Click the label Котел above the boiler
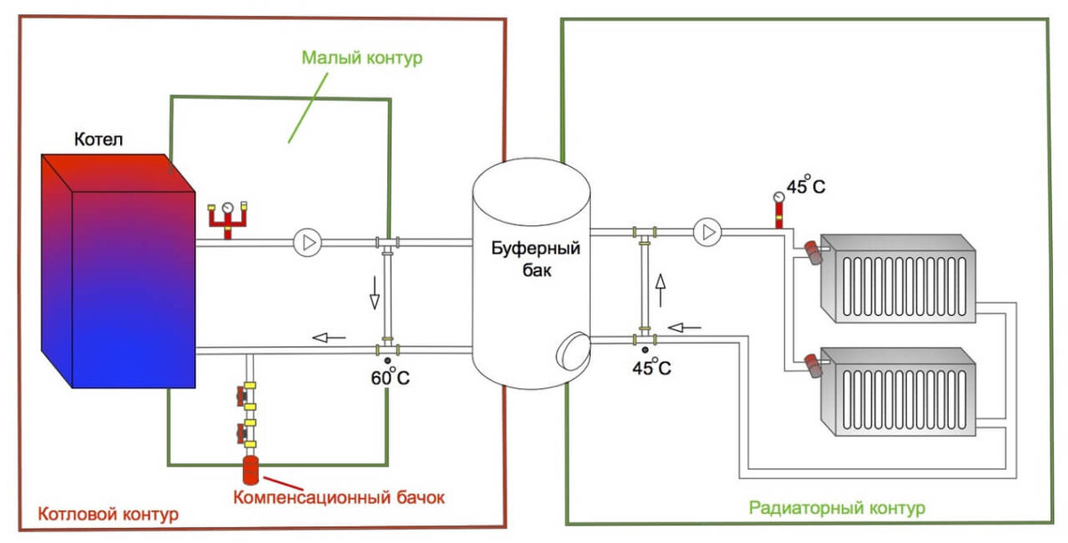(x=99, y=139)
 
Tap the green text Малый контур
(x=362, y=58)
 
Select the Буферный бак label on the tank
(x=536, y=259)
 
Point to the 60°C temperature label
(x=390, y=377)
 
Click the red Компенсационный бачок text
(x=338, y=498)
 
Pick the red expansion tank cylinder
(x=251, y=470)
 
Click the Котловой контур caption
(x=109, y=514)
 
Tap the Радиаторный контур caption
(x=837, y=507)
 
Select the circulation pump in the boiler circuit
(x=307, y=243)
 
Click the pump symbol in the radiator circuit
(x=707, y=232)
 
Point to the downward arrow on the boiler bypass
(x=375, y=293)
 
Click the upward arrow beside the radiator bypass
(x=660, y=290)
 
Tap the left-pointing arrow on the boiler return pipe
(x=329, y=337)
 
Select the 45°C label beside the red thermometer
(x=805, y=184)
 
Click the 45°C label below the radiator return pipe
(x=651, y=367)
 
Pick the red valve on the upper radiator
(x=813, y=252)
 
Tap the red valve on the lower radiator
(x=813, y=365)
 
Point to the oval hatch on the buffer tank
(x=572, y=351)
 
